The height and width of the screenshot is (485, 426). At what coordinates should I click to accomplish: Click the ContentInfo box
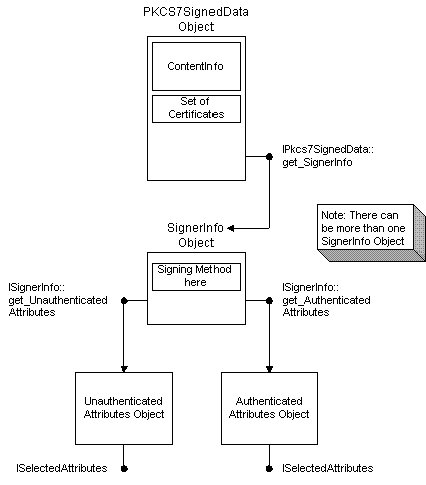click(196, 66)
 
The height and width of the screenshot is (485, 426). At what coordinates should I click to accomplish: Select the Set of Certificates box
click(196, 109)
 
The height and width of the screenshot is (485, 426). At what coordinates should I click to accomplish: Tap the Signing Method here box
click(196, 277)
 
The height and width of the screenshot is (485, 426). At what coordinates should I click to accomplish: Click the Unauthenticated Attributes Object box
click(124, 408)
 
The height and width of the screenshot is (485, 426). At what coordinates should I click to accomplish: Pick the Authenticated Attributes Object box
click(269, 408)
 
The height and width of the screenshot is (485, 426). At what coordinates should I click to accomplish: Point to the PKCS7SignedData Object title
click(196, 19)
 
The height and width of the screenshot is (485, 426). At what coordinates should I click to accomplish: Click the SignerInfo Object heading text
click(196, 235)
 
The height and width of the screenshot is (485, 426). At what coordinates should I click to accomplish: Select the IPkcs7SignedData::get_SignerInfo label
click(328, 156)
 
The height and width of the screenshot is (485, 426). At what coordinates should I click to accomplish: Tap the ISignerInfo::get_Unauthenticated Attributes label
click(58, 300)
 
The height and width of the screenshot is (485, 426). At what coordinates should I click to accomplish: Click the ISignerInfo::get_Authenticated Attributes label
click(326, 300)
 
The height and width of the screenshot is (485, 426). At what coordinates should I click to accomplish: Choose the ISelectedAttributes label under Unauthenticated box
click(62, 468)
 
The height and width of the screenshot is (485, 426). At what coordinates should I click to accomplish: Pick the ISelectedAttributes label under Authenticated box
click(328, 468)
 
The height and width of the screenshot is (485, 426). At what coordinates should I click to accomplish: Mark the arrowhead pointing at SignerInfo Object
click(230, 228)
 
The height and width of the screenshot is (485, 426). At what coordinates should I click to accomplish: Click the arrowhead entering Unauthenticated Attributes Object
click(124, 369)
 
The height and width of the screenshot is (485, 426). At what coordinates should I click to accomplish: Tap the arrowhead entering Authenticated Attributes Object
click(269, 369)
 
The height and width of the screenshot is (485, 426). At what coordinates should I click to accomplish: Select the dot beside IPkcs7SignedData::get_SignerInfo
click(269, 156)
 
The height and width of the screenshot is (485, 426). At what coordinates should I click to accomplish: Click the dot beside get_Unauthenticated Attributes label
click(124, 301)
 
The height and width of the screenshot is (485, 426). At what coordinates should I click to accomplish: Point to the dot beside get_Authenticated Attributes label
click(269, 301)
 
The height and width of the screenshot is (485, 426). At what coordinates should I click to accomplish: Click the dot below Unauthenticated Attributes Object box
click(124, 469)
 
